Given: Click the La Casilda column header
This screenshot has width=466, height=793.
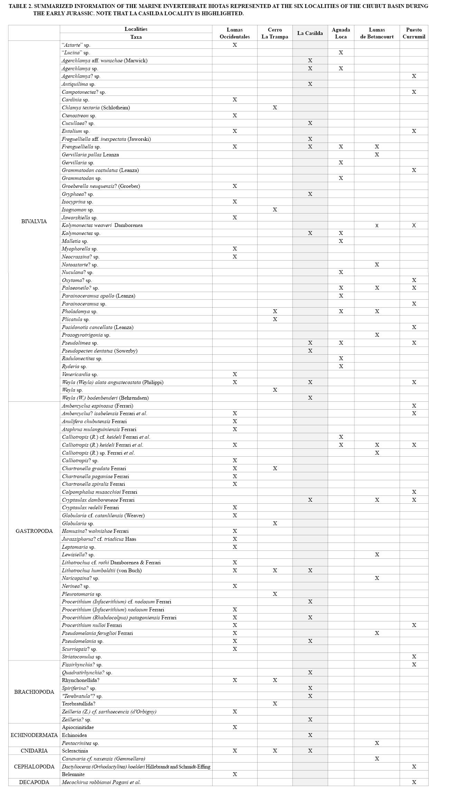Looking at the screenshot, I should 310,33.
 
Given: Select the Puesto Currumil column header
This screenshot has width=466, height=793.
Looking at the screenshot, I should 414,33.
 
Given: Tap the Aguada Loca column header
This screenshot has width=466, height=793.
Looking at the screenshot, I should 341,33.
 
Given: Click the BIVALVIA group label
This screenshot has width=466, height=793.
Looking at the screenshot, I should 34,221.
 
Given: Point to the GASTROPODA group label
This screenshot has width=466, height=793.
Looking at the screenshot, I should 34,531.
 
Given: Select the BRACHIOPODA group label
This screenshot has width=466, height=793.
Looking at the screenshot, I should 34,692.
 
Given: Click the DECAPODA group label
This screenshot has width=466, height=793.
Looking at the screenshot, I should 34,782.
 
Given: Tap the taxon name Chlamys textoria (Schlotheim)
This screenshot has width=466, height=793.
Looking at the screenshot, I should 96,108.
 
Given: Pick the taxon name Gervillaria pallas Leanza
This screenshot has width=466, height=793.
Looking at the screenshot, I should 90,155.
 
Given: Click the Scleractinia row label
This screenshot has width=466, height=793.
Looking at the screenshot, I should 75,751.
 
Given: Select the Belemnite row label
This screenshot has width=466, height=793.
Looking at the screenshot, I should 73,774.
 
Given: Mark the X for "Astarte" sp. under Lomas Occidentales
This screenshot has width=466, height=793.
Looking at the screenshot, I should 235,45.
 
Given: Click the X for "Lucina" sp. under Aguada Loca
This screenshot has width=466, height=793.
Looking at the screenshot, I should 341,53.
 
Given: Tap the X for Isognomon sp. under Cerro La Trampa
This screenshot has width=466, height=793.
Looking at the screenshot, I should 275,210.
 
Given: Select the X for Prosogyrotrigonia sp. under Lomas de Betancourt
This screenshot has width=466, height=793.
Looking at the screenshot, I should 377,335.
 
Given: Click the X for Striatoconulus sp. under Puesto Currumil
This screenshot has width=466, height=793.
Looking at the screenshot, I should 414,657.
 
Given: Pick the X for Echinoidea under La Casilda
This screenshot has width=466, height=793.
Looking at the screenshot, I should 310,735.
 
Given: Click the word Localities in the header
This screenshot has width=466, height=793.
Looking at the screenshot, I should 136,29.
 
